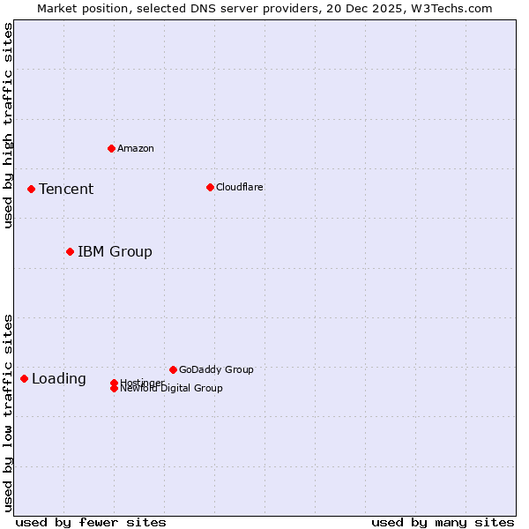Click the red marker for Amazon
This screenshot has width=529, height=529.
[x=111, y=148]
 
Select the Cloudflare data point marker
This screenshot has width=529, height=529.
[x=210, y=187]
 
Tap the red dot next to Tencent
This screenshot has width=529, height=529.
[x=31, y=189]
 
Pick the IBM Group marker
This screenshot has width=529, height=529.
[x=70, y=251]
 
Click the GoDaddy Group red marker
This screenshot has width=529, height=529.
[x=173, y=369]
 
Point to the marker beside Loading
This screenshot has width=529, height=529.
[x=24, y=378]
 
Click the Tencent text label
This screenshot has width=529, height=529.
[x=66, y=190]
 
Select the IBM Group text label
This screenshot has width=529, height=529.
[x=115, y=252]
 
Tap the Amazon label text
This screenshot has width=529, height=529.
[x=136, y=149]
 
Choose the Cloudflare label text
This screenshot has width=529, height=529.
[x=240, y=188]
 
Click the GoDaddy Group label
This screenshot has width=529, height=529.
[x=216, y=370]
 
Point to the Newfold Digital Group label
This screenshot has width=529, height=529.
[x=172, y=389]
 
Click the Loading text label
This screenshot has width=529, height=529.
[x=59, y=379]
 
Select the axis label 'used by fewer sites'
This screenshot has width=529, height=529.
[x=91, y=523]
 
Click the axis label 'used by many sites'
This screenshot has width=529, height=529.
[x=443, y=523]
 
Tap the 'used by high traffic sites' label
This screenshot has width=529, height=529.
[x=9, y=125]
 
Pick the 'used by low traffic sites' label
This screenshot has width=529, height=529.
[x=9, y=413]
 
